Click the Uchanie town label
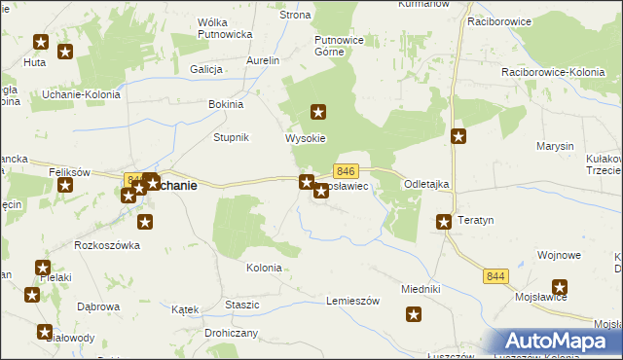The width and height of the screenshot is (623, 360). [x=178, y=186]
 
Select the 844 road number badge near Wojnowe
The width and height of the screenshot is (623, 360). [x=495, y=277]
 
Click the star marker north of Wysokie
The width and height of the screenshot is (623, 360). [x=317, y=113]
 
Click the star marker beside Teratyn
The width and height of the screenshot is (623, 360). [x=444, y=222]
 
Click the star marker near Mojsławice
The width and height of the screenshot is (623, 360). [x=560, y=287]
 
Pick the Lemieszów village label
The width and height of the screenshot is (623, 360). [x=351, y=300]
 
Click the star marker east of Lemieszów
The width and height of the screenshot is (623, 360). [x=414, y=314]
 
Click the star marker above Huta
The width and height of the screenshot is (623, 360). [x=41, y=42]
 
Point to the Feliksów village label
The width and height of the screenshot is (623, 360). [x=69, y=171]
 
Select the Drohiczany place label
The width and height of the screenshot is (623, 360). [x=229, y=332]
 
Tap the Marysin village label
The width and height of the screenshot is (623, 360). [x=555, y=146]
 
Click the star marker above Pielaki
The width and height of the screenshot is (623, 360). [x=43, y=268]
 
